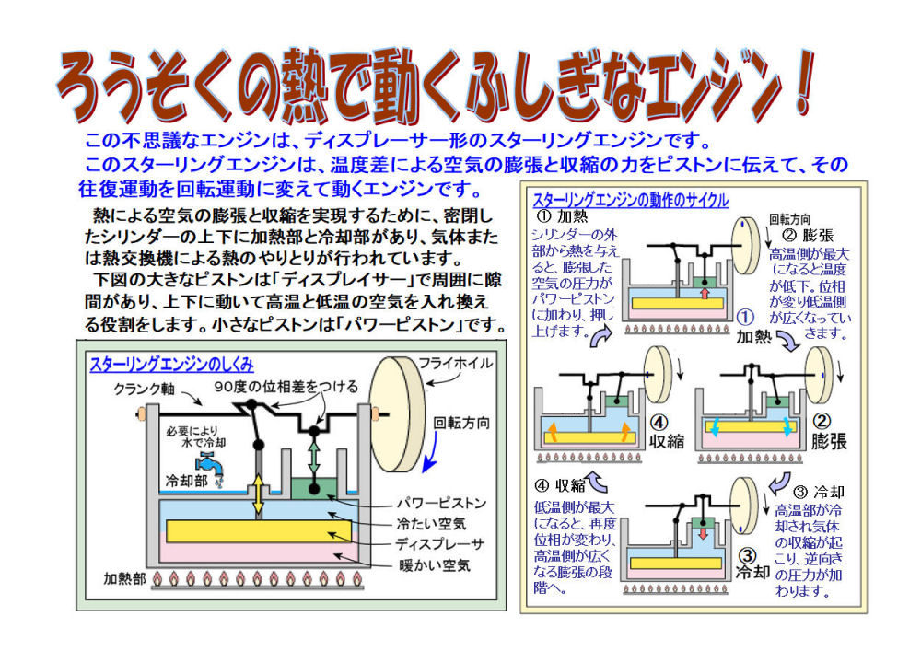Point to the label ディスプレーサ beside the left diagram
click(438, 543)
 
